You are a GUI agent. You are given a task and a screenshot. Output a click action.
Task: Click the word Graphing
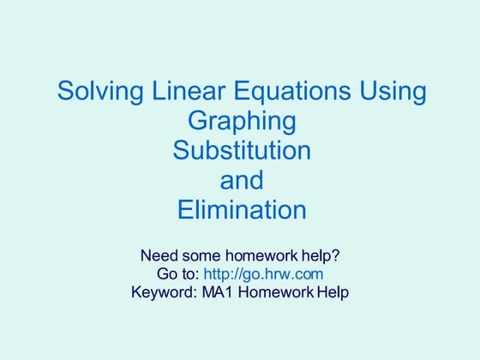241,121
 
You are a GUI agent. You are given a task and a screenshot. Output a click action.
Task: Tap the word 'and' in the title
241,180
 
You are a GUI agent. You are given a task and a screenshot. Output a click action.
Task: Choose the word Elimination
241,210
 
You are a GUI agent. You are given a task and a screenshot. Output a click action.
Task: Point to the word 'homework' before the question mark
265,255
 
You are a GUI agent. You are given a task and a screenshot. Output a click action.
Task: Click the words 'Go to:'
177,273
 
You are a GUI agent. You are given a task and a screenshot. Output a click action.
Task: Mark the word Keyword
164,291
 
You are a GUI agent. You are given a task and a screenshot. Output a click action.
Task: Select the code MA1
222,291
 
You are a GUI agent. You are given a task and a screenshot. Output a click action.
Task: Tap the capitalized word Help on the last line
333,291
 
